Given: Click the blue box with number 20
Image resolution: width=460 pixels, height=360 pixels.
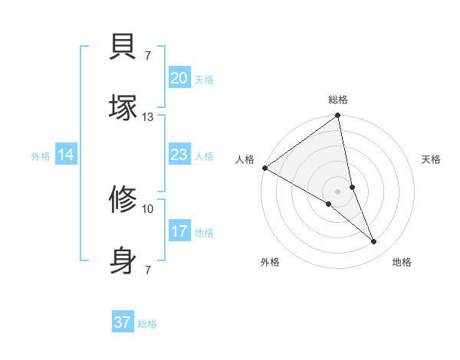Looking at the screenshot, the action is (179, 78).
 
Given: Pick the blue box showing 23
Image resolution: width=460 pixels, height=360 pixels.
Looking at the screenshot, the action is (179, 155).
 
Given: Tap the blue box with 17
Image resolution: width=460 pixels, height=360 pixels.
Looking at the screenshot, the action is (179, 231).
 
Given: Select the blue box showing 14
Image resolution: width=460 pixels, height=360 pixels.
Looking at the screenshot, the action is (66, 155).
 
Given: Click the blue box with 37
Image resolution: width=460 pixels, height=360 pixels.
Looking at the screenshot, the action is (123, 322).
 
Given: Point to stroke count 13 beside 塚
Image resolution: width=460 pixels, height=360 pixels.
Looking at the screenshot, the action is (148, 116).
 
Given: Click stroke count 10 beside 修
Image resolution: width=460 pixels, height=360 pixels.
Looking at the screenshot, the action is (148, 208).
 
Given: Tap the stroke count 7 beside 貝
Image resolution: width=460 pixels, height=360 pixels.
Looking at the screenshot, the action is (147, 55).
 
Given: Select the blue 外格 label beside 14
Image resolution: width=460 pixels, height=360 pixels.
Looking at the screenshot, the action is (41, 156).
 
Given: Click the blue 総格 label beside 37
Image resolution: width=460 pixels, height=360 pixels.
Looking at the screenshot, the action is (147, 324).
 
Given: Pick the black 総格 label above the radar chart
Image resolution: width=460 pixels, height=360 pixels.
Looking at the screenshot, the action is (338, 100).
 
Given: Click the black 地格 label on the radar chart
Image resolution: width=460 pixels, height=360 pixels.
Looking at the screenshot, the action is (402, 262).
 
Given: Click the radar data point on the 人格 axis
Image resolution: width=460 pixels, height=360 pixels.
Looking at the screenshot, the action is (264, 168).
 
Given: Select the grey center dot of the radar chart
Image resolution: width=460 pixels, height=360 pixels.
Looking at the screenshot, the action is (337, 191).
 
